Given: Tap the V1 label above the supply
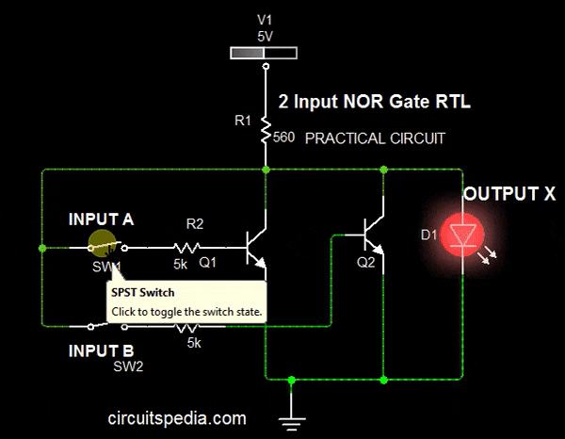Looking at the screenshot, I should point(265,18).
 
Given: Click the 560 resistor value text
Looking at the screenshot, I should point(283,138).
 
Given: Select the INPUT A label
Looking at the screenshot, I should point(101,219).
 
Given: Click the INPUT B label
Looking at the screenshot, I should point(101,350).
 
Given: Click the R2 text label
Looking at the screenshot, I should point(194,224).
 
